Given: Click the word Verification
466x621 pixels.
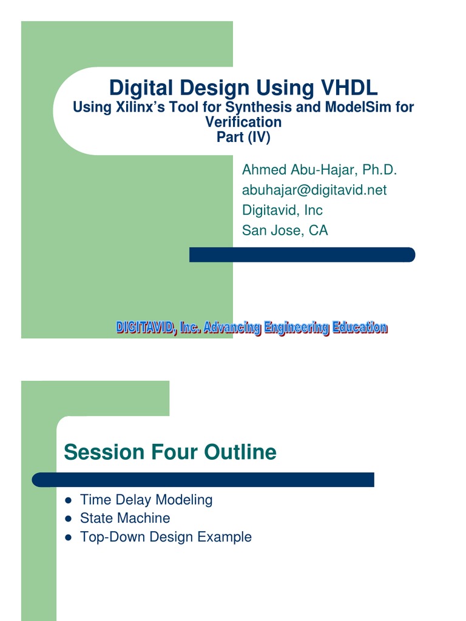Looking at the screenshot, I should click(x=243, y=122).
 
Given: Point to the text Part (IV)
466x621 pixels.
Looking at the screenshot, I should click(x=243, y=137).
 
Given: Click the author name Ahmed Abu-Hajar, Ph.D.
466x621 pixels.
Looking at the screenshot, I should click(x=319, y=170).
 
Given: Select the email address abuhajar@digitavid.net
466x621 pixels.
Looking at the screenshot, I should click(x=314, y=190).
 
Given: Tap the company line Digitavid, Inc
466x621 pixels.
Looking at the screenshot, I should click(x=282, y=210).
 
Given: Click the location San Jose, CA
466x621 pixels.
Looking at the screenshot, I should click(x=285, y=230).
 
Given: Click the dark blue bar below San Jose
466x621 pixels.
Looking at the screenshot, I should click(x=302, y=255).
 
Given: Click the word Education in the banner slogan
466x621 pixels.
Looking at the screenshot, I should click(x=359, y=328).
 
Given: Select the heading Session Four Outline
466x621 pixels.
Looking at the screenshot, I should click(x=170, y=452).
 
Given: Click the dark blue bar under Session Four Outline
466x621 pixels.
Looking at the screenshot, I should click(x=203, y=480).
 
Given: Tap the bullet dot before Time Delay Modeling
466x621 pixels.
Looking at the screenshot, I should click(x=69, y=500).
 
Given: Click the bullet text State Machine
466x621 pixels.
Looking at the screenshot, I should click(x=125, y=519).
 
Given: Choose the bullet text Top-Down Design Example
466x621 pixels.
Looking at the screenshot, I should click(x=166, y=537).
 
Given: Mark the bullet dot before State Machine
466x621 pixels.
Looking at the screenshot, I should click(x=69, y=519).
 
